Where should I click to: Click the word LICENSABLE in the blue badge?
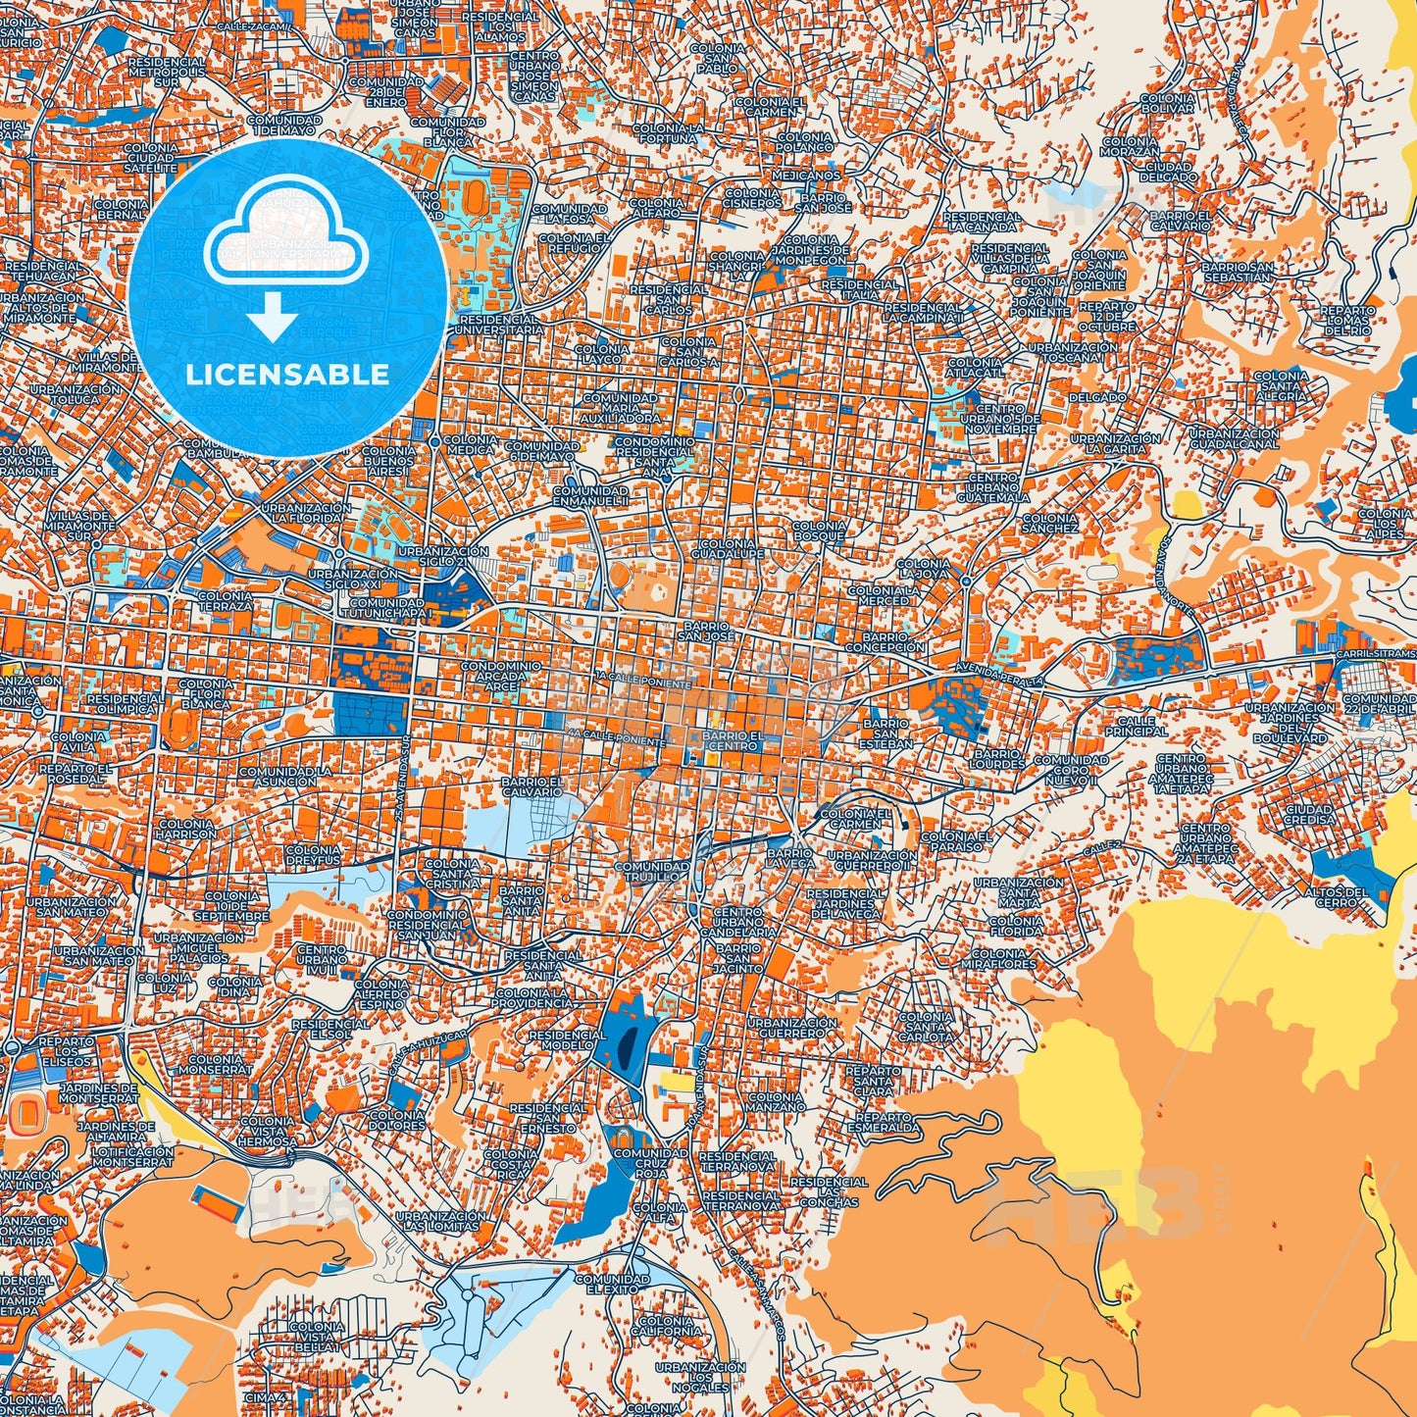[x=287, y=375]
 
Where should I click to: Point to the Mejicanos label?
[x=805, y=176]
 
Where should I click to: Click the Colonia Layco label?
[x=602, y=354]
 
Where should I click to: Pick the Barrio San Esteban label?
[x=885, y=734]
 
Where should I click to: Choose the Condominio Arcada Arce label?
[x=501, y=677]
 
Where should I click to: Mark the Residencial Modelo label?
[x=567, y=1039]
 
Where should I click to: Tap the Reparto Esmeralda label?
[x=887, y=1122]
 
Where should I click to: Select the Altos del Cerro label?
[x=1335, y=897]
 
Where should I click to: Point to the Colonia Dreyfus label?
[x=313, y=855]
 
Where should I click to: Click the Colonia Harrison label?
[x=185, y=830]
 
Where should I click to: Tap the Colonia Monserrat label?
[x=215, y=1065]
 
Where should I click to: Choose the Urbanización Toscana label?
[x=1073, y=353]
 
